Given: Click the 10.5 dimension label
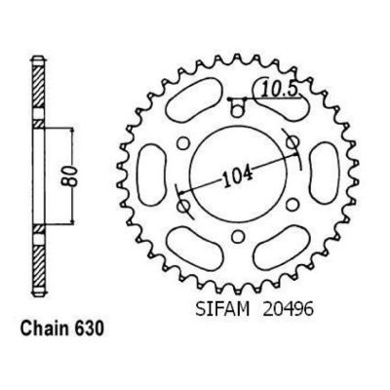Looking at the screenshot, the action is pos(280,91).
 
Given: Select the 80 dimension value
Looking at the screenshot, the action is pos(72,176).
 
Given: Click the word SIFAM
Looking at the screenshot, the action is pos(222,309).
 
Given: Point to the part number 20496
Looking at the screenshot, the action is pos(288,309).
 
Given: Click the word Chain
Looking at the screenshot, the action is pos(44,329).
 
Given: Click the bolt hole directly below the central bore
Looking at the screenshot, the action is pos(239,236).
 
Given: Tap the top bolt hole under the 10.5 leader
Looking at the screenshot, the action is pos(238,110).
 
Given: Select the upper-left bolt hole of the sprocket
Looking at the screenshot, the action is pos(183,142).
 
